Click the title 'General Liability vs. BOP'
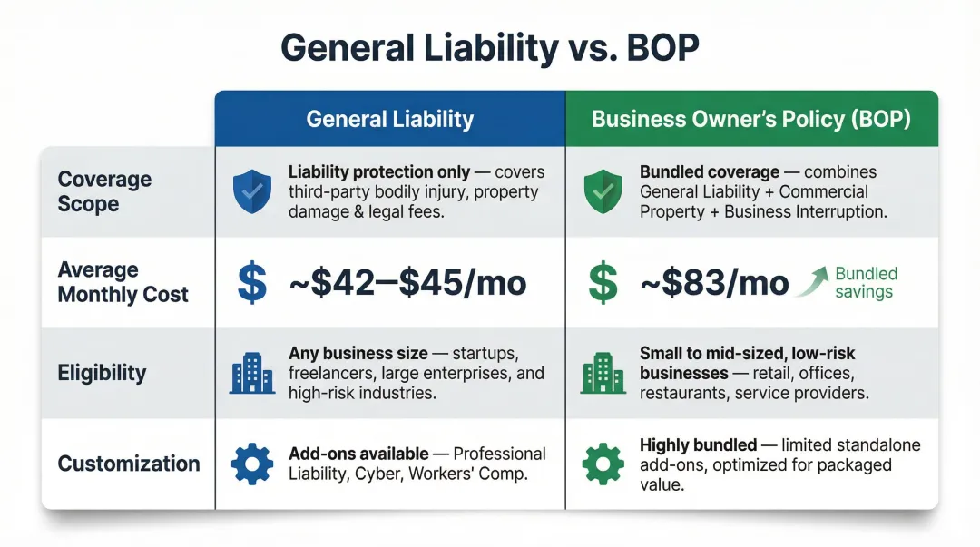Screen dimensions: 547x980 tap(489, 47)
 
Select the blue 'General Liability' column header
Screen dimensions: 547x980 tap(390, 119)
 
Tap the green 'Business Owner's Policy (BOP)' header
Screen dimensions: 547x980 tap(751, 119)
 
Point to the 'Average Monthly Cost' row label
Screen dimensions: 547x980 tap(122, 282)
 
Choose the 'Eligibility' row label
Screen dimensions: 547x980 tap(102, 373)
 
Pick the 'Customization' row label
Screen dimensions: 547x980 tap(129, 464)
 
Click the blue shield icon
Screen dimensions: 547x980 tap(251, 191)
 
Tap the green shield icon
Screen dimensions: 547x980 tap(603, 191)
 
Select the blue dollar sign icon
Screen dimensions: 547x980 tap(251, 282)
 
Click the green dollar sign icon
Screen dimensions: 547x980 tap(603, 282)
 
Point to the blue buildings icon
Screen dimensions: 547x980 tap(251, 373)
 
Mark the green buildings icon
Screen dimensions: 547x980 tap(603, 373)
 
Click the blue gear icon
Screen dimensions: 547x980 tap(251, 464)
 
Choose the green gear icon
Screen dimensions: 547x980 tap(603, 464)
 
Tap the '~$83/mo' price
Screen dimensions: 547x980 tap(714, 283)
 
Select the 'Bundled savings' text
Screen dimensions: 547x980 tap(866, 283)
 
